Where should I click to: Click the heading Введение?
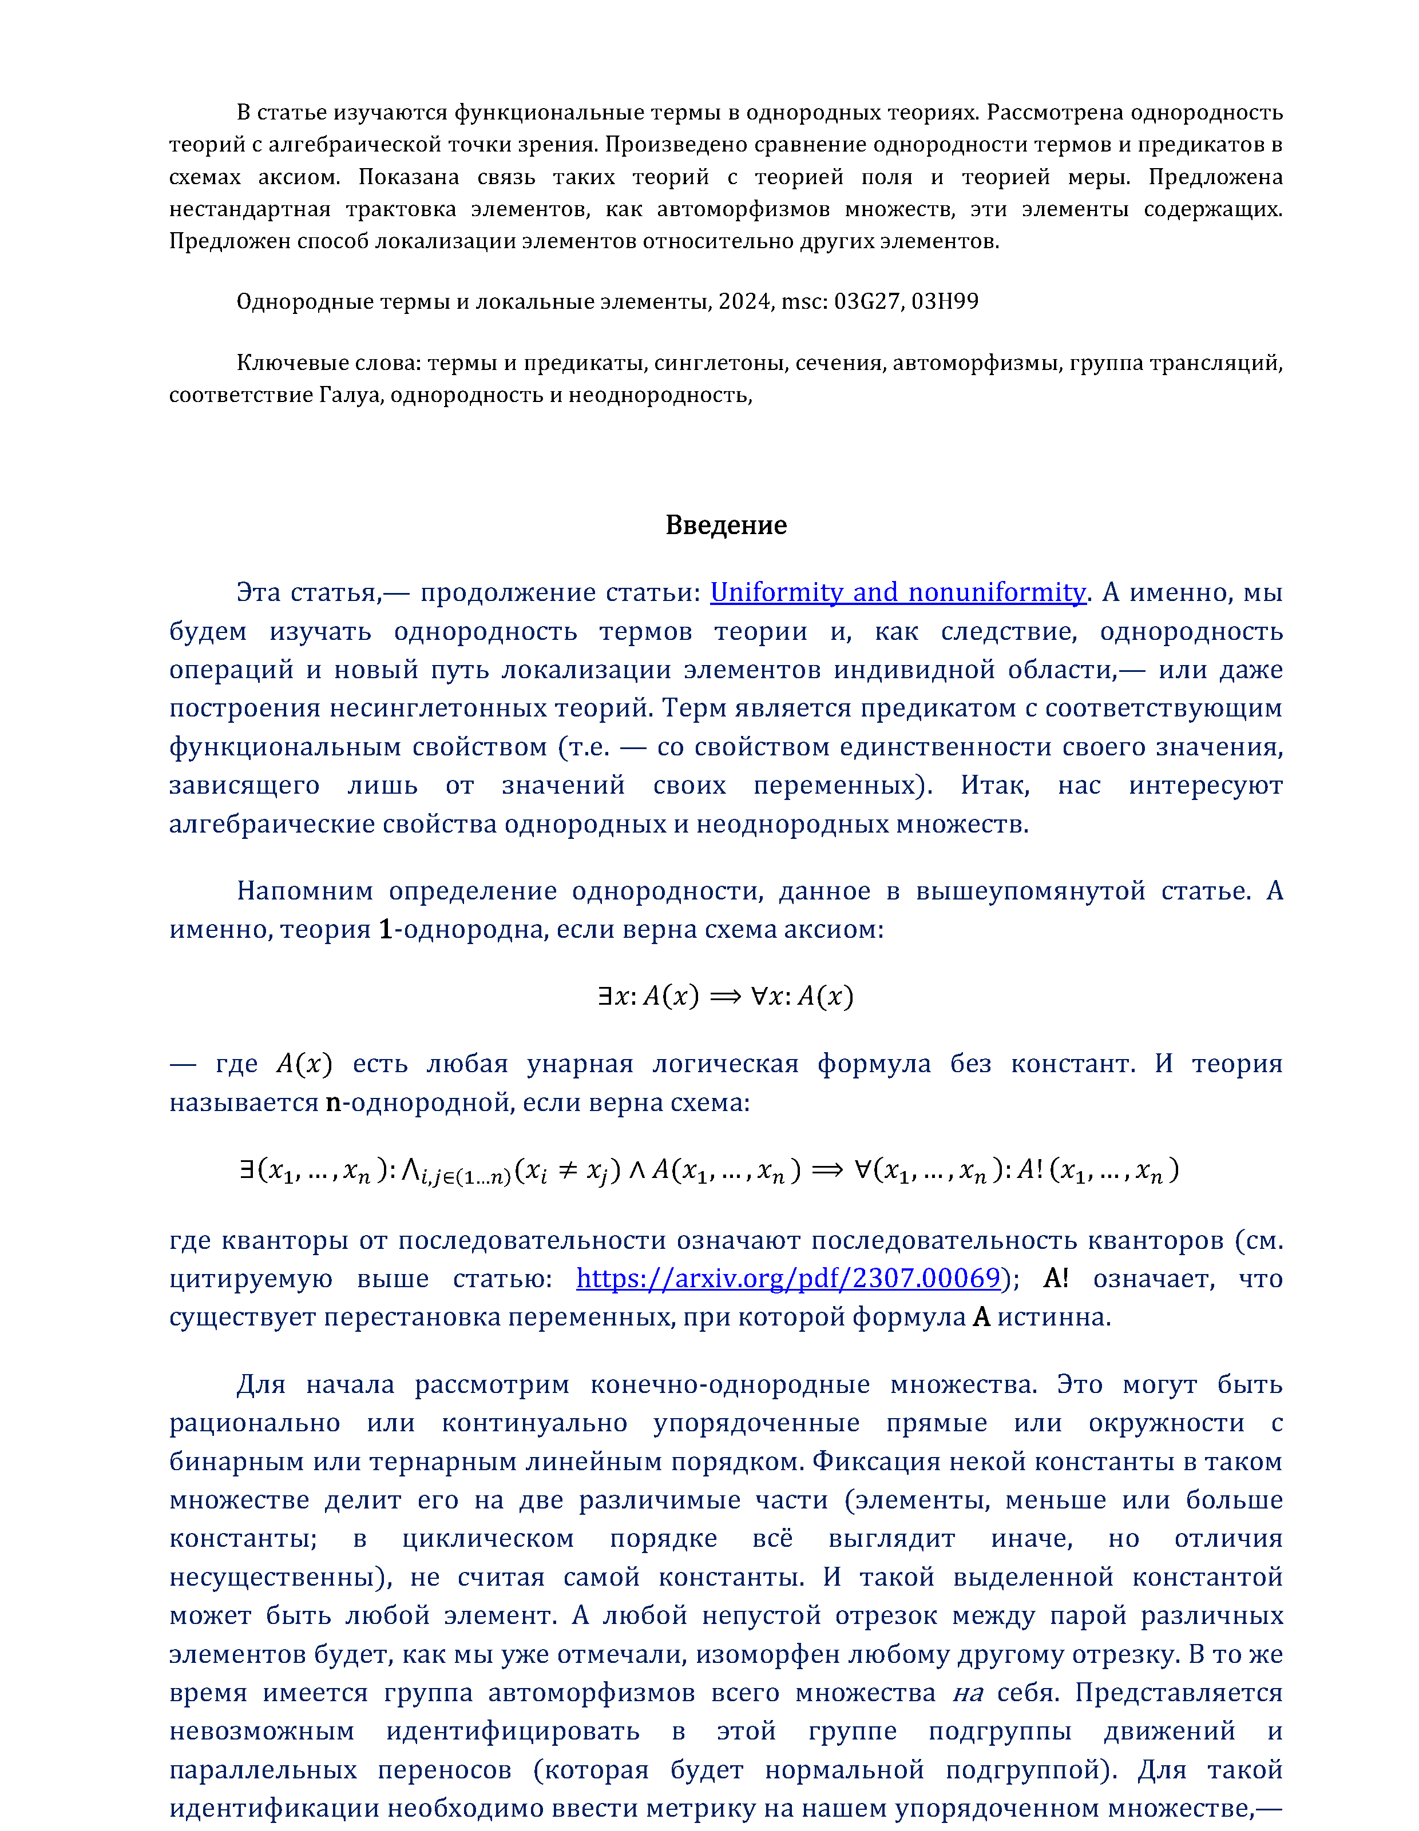tap(726, 525)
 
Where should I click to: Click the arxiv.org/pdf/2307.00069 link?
tap(788, 1277)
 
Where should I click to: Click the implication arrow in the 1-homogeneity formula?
tap(726, 996)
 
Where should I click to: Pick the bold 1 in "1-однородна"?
tap(385, 930)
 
